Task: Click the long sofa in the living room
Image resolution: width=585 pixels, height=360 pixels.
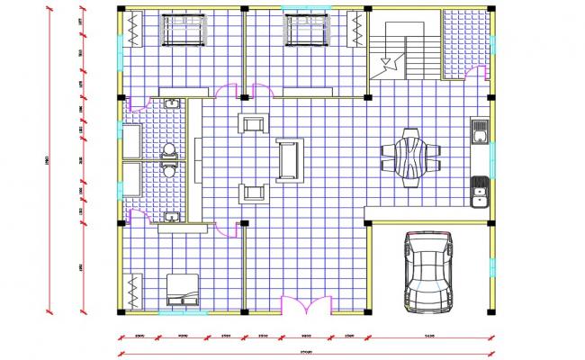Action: coord(288,159)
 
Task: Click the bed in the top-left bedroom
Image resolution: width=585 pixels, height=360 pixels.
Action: coord(185,32)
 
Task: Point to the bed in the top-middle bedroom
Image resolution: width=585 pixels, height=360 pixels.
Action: coord(308,32)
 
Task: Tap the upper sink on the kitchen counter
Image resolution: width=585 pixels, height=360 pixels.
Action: coord(482,136)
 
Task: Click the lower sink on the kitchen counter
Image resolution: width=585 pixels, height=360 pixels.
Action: coord(481,188)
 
